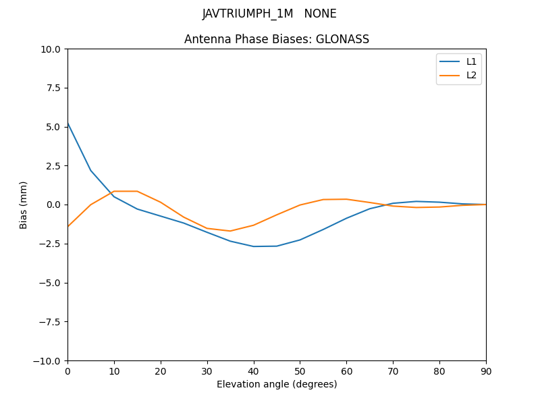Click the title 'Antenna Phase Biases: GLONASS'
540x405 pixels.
(x=277, y=39)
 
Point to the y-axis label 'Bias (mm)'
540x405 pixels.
(x=24, y=205)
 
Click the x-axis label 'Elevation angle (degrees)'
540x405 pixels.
(x=277, y=384)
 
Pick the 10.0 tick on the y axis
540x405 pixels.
(x=51, y=49)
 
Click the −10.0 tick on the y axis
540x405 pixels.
(x=48, y=360)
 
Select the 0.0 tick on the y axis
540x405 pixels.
(x=53, y=205)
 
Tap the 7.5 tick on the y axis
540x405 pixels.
(x=53, y=88)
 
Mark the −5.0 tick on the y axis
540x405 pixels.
(x=51, y=283)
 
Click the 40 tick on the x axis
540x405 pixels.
(x=253, y=371)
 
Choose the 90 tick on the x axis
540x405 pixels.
(x=486, y=371)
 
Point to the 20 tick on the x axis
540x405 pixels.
(x=161, y=371)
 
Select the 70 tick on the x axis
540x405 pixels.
(x=393, y=371)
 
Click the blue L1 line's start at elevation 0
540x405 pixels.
(x=67, y=123)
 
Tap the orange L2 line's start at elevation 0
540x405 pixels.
(x=67, y=226)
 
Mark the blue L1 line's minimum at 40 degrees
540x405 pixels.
(x=253, y=246)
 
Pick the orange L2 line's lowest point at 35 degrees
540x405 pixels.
(x=230, y=231)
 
